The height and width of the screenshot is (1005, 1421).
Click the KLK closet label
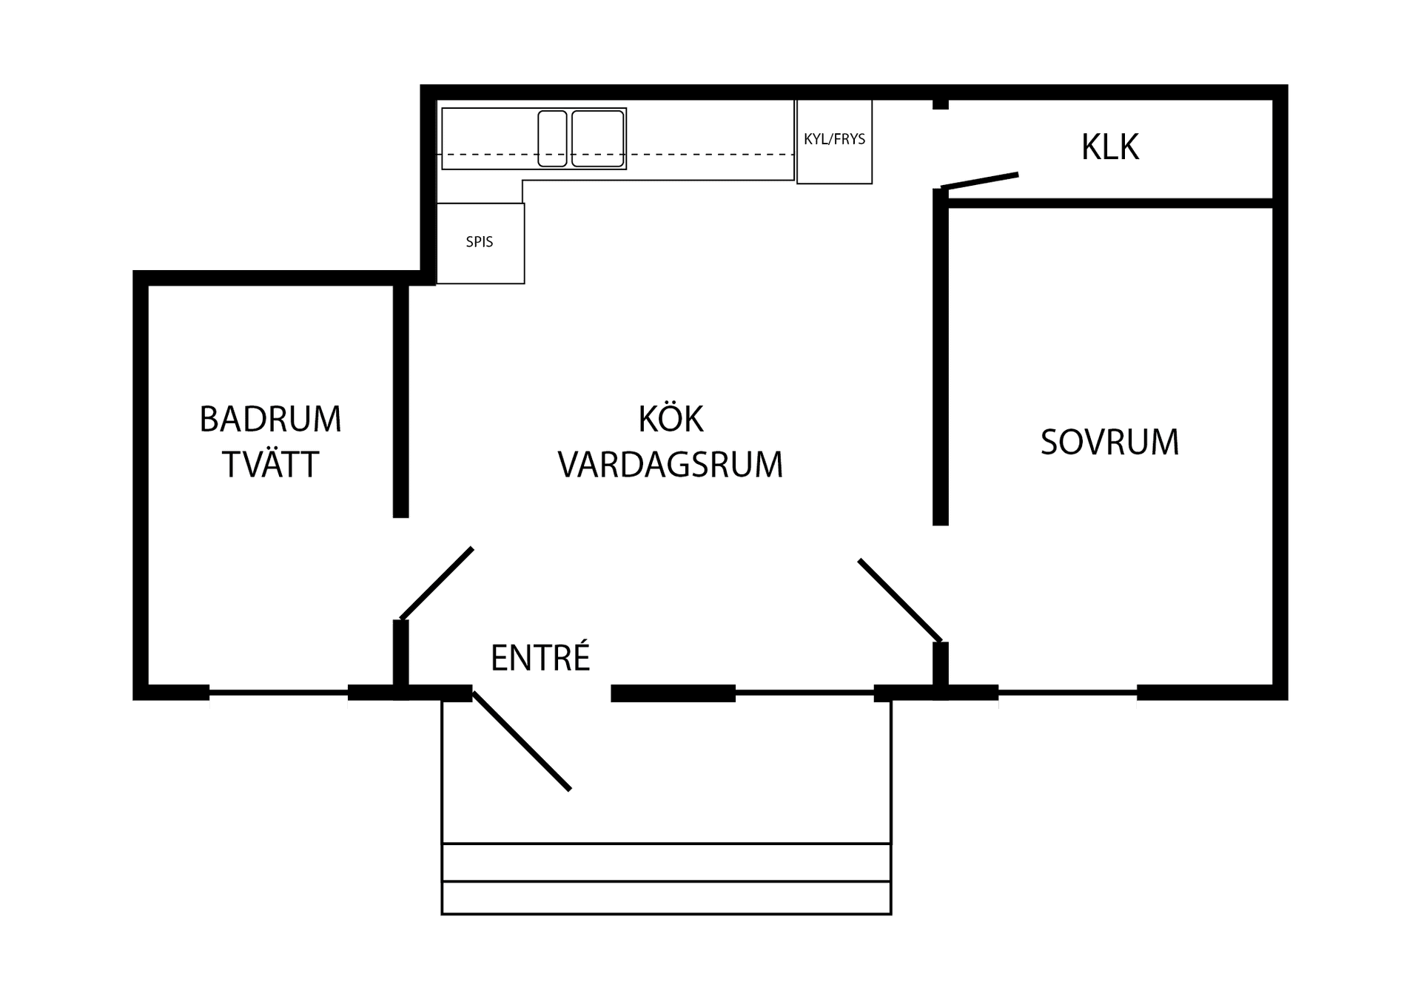pyautogui.click(x=1109, y=147)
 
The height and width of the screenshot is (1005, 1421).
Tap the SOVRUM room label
pyautogui.click(x=1109, y=442)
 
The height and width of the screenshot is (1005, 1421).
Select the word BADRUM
pyautogui.click(x=270, y=419)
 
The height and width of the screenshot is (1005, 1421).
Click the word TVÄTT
pyautogui.click(x=270, y=464)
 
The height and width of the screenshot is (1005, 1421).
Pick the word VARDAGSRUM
pyautogui.click(x=671, y=465)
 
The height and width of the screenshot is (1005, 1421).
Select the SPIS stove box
pyautogui.click(x=480, y=243)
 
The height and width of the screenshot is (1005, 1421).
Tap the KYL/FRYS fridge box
pyautogui.click(x=834, y=141)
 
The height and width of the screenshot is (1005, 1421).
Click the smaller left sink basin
pyautogui.click(x=552, y=138)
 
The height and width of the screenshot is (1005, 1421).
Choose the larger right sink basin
pyautogui.click(x=597, y=138)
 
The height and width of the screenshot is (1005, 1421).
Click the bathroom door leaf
pyautogui.click(x=437, y=583)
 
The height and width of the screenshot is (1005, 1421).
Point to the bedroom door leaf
pyautogui.click(x=900, y=600)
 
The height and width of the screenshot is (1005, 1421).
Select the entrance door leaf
pyautogui.click(x=522, y=741)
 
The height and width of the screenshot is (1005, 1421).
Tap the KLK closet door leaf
pyautogui.click(x=980, y=181)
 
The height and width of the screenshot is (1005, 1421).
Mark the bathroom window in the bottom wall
pyautogui.click(x=278, y=693)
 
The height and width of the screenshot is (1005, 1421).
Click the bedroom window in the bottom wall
pyautogui.click(x=1067, y=693)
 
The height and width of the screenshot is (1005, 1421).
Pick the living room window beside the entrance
pyautogui.click(x=804, y=693)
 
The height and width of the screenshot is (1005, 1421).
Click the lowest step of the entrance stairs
pyautogui.click(x=666, y=898)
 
